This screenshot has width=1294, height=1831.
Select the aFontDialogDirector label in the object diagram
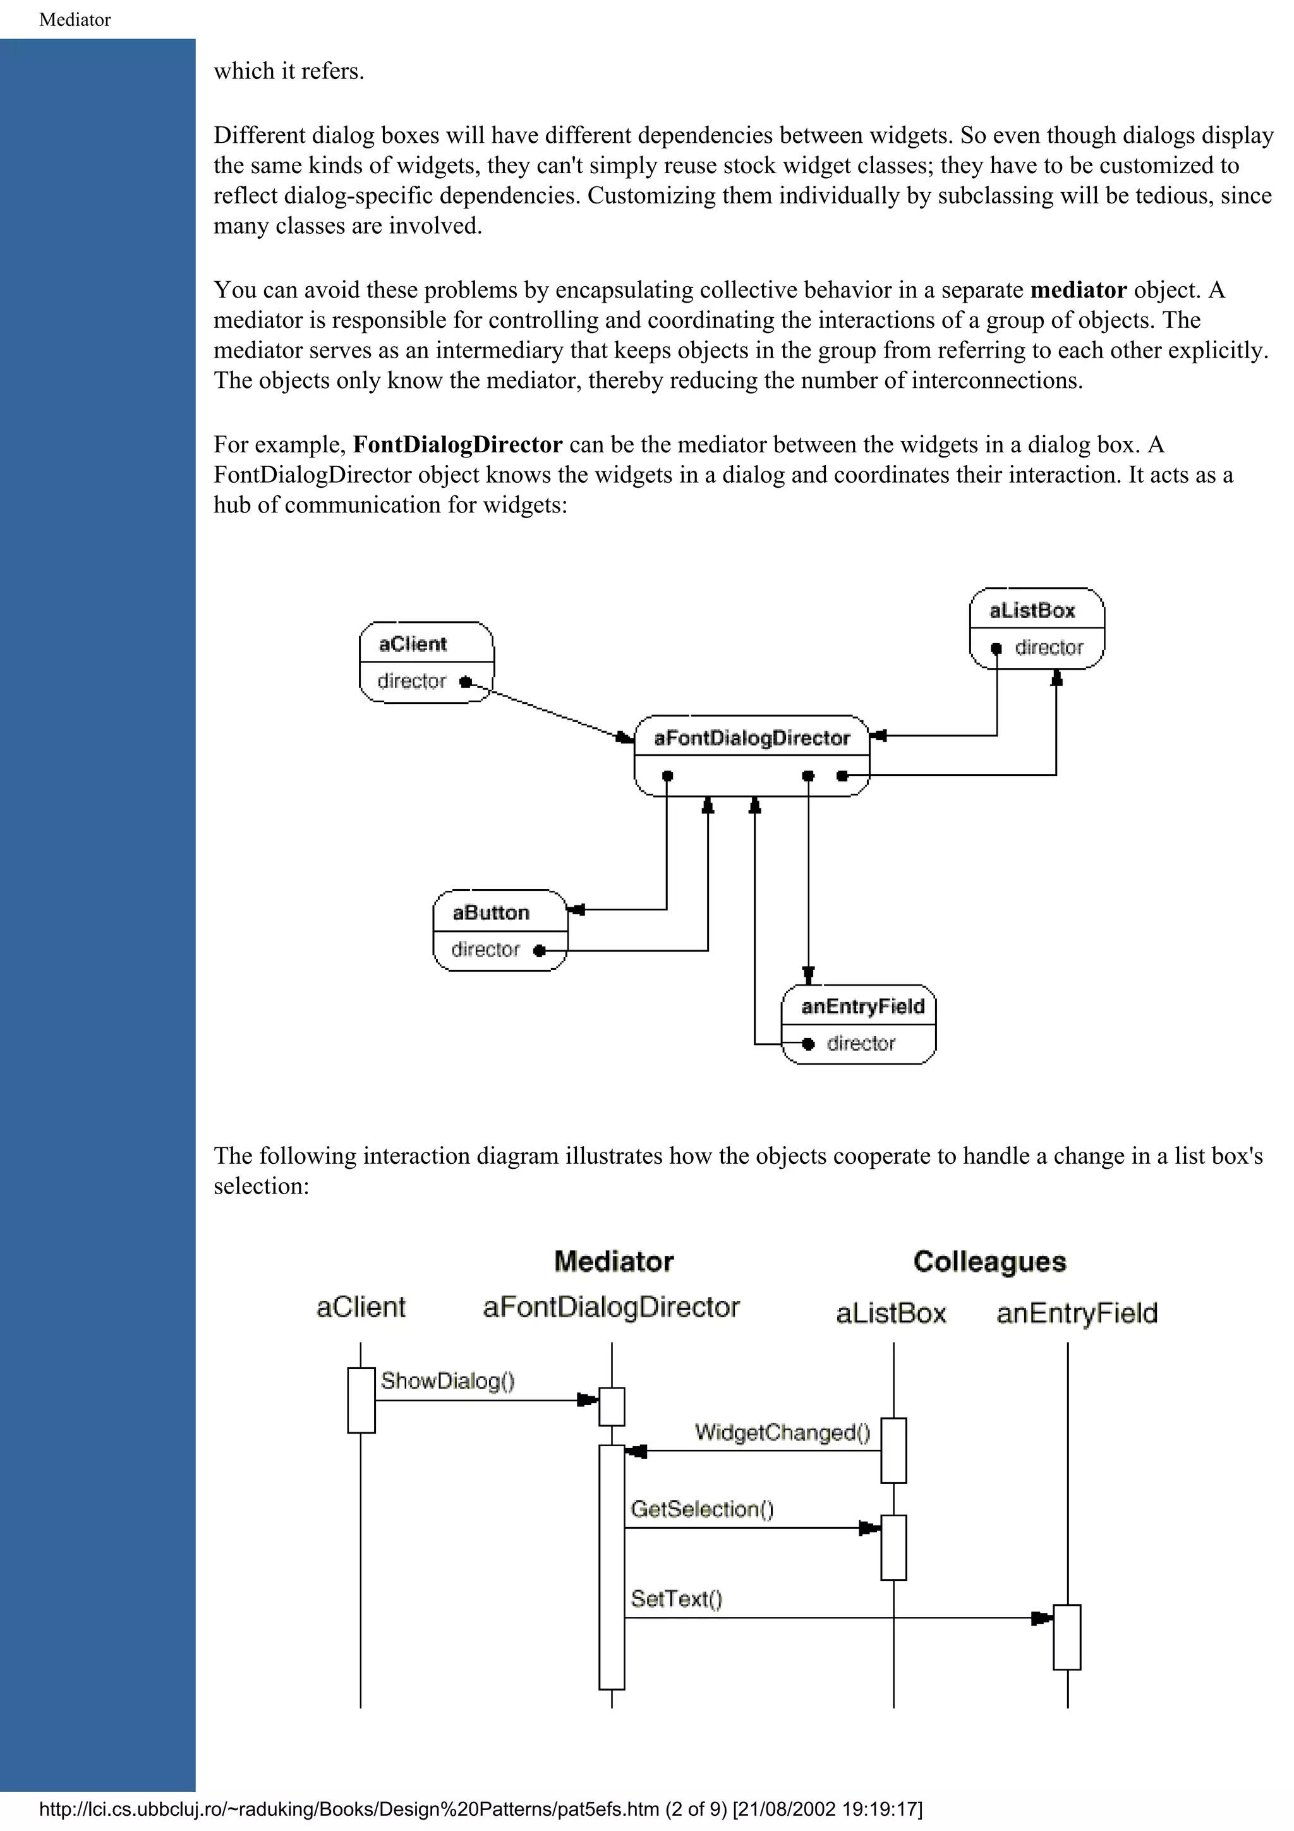coord(751,738)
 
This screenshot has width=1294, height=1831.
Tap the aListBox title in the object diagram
coord(1032,610)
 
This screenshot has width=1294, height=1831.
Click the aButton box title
coord(490,912)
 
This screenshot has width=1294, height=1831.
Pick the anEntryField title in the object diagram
coord(862,1006)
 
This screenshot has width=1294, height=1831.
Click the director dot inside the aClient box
coord(466,682)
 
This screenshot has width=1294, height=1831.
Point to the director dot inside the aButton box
coord(539,951)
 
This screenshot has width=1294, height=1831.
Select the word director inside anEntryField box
coord(861,1043)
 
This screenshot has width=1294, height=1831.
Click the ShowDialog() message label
coord(447,1381)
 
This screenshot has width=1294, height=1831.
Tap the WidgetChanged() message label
coord(782,1432)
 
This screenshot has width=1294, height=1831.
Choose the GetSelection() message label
coord(701,1509)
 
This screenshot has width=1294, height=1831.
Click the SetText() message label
coord(676,1599)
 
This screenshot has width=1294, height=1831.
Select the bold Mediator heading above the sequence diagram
coord(614,1262)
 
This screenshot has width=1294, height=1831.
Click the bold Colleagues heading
coord(989,1262)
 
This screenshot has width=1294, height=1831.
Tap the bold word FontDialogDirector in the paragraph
coord(457,444)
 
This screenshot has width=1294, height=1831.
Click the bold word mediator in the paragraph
coord(1078,289)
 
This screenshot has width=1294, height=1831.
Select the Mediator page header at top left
coord(75,20)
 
